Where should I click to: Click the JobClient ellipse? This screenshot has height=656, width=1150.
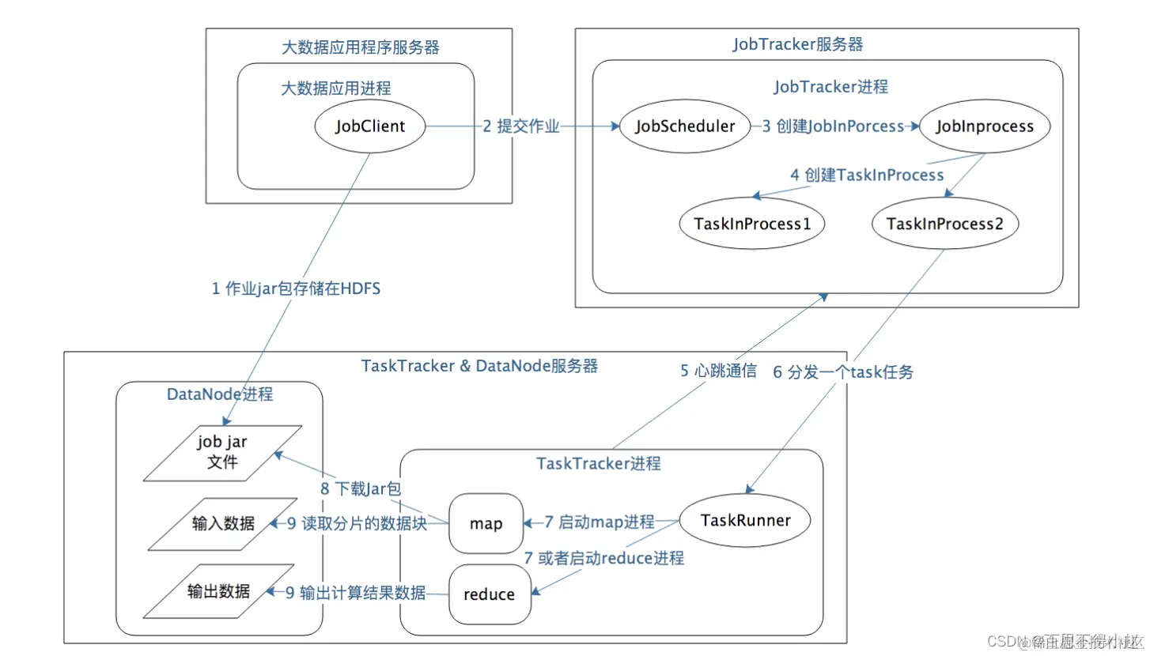click(x=370, y=126)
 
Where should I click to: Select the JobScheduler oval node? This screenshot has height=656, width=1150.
click(x=684, y=126)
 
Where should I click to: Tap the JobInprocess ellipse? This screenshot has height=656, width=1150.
click(x=984, y=126)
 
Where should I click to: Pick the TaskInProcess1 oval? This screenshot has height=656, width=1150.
click(x=752, y=224)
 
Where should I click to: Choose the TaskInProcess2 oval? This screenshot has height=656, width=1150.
click(x=944, y=224)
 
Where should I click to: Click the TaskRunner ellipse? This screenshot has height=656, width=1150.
click(x=745, y=520)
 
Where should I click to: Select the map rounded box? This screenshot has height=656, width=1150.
click(x=486, y=523)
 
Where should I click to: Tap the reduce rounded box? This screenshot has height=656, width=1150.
click(x=489, y=594)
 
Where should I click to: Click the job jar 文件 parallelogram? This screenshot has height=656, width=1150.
click(x=223, y=453)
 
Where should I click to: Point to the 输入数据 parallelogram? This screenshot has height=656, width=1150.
click(x=223, y=523)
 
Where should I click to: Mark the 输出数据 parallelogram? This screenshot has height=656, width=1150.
click(x=219, y=591)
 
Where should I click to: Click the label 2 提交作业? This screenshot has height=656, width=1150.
click(x=521, y=126)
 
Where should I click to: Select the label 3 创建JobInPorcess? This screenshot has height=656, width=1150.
click(x=833, y=126)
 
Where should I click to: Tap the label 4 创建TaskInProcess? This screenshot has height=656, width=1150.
click(x=867, y=175)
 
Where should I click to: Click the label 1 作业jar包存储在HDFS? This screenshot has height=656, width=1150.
click(x=296, y=289)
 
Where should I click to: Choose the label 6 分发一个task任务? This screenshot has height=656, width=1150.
click(x=843, y=371)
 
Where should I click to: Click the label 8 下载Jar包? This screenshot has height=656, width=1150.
click(x=361, y=488)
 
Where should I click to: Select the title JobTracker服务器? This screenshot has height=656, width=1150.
click(x=798, y=44)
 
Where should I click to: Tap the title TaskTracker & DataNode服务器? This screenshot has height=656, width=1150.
click(x=479, y=366)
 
